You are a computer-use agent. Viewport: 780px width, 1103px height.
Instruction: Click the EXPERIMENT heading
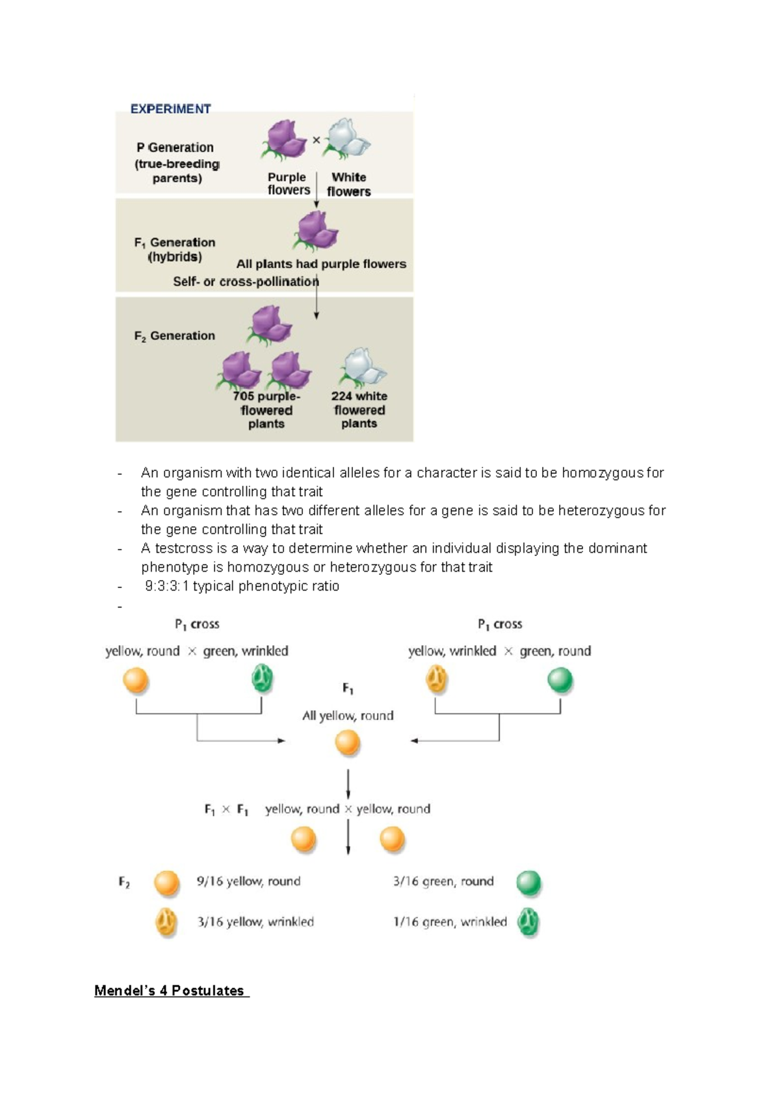170,109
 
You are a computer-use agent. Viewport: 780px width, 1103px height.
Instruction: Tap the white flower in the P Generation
348,139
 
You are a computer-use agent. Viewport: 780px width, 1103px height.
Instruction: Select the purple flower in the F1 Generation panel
317,232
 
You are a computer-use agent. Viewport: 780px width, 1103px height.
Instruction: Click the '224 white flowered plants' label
359,410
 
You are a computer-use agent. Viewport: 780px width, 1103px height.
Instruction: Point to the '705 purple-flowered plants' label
266,410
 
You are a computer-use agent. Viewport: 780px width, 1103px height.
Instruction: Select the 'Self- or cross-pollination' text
246,282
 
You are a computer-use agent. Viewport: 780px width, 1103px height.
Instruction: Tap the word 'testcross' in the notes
181,548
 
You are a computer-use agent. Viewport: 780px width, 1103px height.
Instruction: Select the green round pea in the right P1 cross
560,680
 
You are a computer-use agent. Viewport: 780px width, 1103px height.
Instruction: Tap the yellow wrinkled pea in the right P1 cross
436,680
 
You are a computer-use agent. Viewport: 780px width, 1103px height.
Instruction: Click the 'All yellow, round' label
348,715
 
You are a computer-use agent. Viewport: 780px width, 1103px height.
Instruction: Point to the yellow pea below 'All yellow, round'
347,742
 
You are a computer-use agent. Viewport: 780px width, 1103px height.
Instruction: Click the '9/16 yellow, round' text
248,881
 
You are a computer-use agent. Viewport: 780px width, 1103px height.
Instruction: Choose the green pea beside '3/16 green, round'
528,883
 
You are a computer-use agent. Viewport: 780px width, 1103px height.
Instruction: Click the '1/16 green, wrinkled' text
450,922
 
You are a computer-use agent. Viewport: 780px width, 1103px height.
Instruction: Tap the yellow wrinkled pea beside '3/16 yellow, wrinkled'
166,922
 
